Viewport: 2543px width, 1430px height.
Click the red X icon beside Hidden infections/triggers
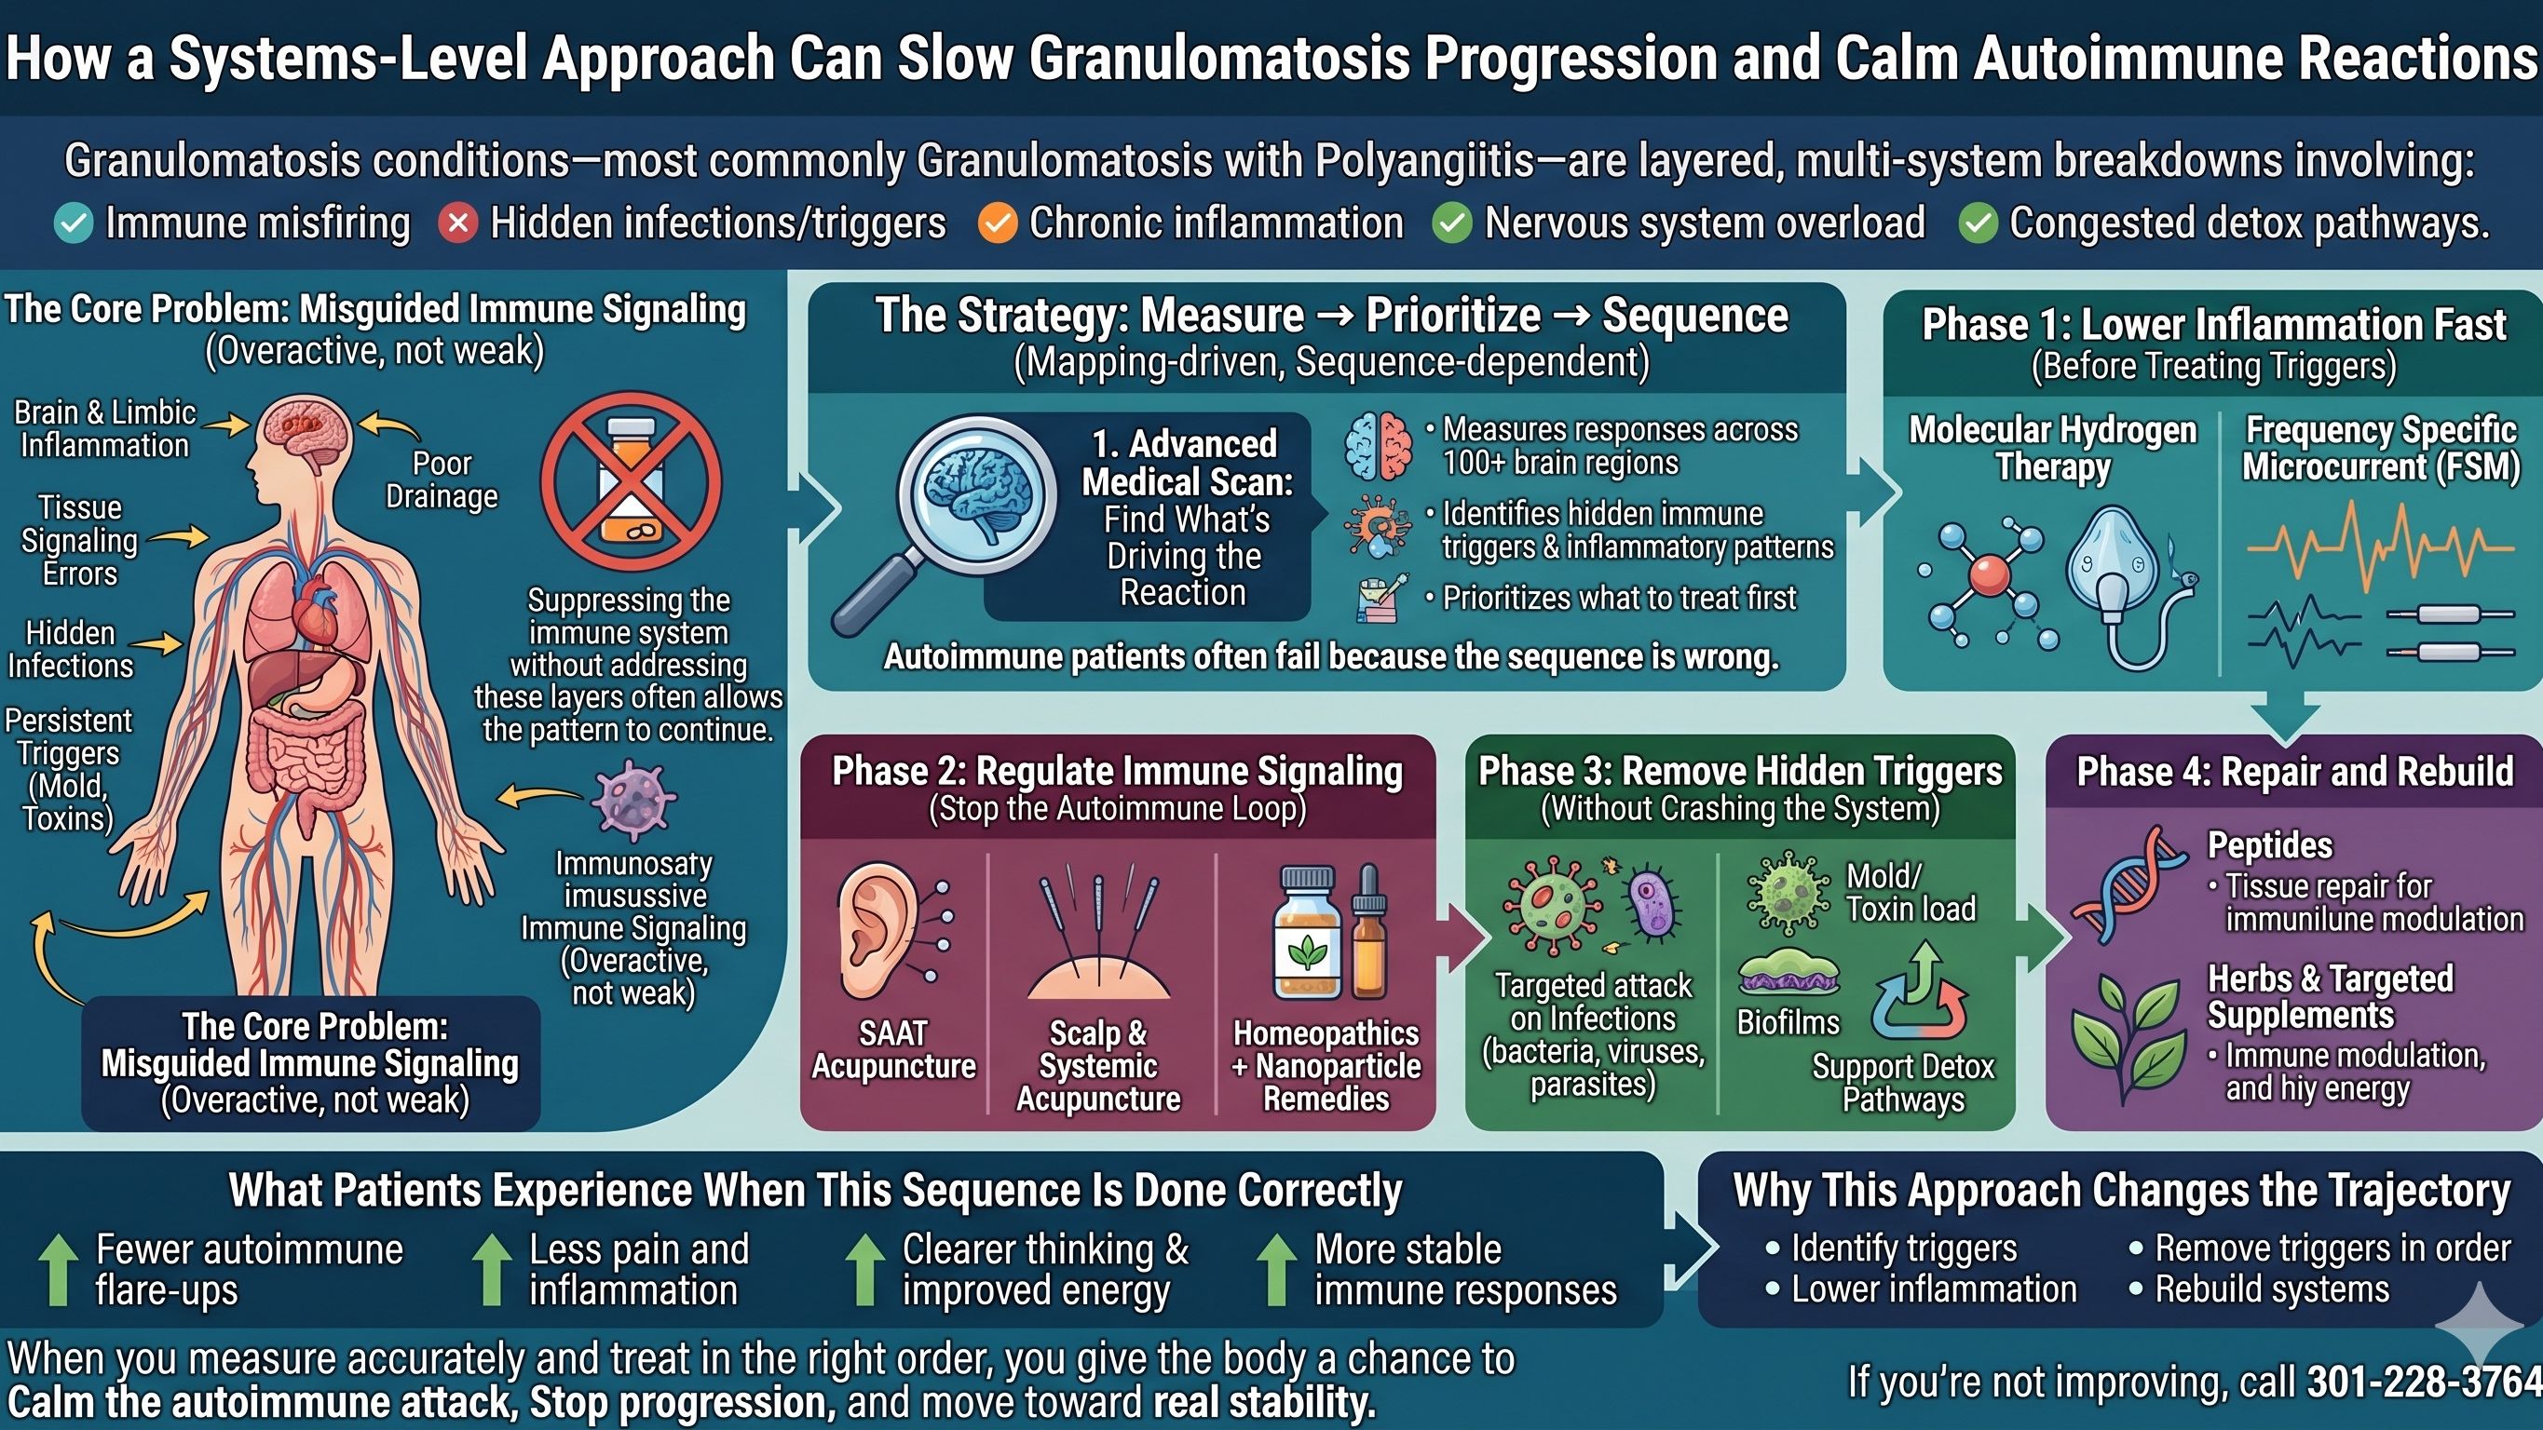(458, 223)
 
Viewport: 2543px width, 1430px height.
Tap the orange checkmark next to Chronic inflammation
(997, 223)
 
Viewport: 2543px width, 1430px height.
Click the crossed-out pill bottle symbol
(631, 482)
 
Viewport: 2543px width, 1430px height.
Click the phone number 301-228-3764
(2424, 1383)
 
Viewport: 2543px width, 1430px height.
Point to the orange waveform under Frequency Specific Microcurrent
(2379, 547)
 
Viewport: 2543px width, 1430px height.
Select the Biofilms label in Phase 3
(1788, 1022)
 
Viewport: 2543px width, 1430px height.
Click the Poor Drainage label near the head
(442, 479)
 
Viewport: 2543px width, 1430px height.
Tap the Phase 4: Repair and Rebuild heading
(2294, 772)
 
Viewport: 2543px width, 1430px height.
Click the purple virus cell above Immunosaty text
(633, 799)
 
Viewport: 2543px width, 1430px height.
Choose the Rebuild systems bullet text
(2272, 1288)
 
